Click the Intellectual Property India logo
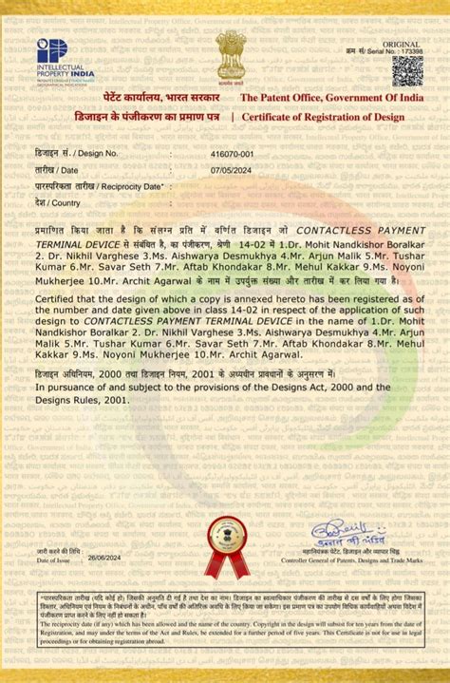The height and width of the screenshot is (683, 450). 65,62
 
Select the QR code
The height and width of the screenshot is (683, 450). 407,69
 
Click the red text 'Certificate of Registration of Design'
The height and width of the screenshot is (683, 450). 324,117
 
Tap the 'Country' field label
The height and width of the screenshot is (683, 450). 58,203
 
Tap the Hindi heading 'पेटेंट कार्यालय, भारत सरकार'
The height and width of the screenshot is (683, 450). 161,98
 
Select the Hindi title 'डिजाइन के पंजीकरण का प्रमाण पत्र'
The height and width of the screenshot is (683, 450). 153,117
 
